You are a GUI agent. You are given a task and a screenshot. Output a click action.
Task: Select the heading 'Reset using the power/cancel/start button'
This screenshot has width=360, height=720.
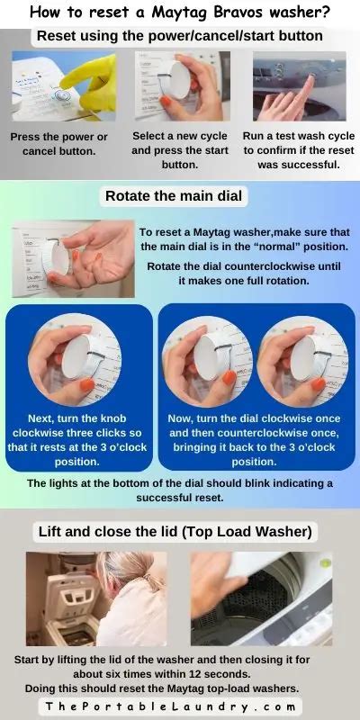[x=180, y=36]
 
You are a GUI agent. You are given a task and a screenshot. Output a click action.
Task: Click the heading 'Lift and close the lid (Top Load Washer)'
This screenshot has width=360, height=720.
[x=176, y=532]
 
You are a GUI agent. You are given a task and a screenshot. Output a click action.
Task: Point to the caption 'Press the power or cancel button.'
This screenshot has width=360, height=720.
[x=58, y=144]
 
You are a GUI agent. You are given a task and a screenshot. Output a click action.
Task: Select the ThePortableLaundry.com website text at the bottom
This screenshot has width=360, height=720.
[x=180, y=706]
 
